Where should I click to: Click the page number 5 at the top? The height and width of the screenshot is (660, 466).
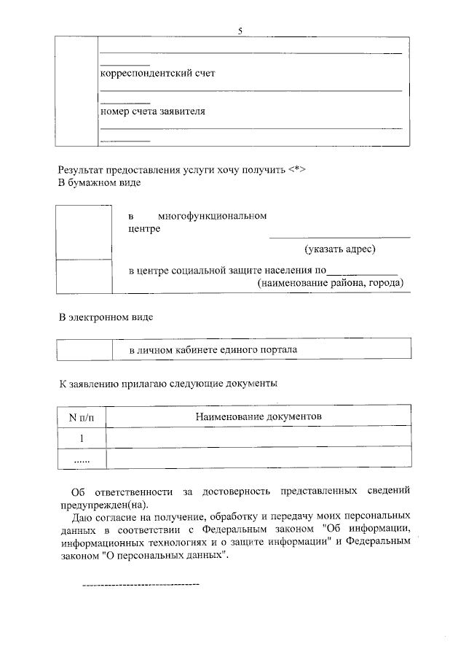[x=240, y=30]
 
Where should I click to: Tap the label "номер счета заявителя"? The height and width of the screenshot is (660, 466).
[x=152, y=112]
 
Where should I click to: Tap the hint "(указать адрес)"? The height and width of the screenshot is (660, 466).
[x=340, y=249]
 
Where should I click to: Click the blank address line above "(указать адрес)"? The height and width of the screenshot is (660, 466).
[x=339, y=237]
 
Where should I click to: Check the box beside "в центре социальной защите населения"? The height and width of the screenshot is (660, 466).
[x=84, y=276]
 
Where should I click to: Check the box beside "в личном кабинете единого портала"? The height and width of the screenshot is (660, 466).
[x=84, y=350]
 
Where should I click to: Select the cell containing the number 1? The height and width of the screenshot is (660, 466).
[x=82, y=438]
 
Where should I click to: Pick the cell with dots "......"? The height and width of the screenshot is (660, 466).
[x=82, y=459]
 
